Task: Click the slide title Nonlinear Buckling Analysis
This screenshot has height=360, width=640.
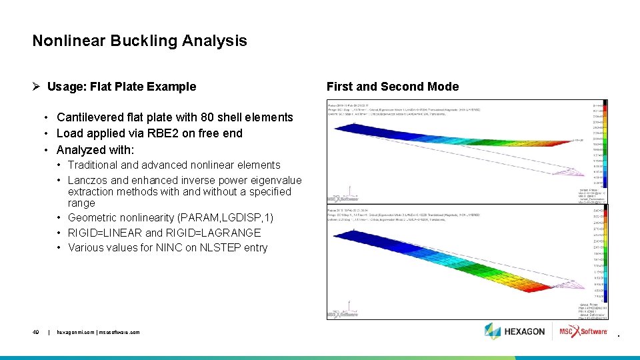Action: coord(139,41)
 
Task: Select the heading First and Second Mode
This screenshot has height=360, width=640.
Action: coord(392,87)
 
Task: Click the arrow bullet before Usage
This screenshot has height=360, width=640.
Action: coord(37,87)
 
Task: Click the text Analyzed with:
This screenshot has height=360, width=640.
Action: coord(95,149)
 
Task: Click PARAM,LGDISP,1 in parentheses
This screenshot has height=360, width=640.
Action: coord(229,218)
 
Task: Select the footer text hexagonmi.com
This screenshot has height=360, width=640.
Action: coord(76,332)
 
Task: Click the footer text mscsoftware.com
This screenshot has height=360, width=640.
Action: coord(121,332)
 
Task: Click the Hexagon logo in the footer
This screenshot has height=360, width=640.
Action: coord(515,331)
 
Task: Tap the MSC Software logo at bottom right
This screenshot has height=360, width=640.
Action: coord(583,331)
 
